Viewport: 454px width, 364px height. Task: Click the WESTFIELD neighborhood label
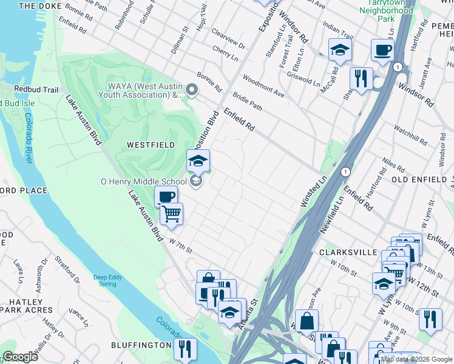pos(151,145)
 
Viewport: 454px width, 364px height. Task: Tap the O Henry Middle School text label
pos(144,181)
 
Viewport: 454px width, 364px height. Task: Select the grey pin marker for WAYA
pos(192,91)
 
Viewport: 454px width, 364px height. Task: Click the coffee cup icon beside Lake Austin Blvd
pos(166,197)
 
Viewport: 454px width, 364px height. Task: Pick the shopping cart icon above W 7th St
pos(172,214)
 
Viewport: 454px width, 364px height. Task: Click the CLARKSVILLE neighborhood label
pos(341,251)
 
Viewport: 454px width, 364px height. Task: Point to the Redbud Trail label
pos(36,90)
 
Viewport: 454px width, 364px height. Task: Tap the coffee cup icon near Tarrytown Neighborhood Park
pos(382,50)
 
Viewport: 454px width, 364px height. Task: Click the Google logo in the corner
pos(20,357)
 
